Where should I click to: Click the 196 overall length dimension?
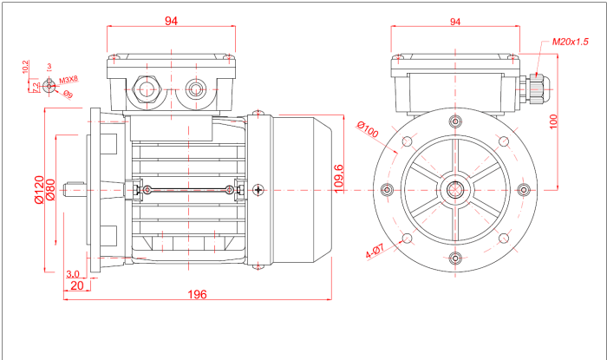click(x=197, y=294)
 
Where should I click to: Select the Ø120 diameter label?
click(x=39, y=189)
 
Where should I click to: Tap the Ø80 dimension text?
click(x=51, y=189)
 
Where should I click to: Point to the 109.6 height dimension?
click(x=339, y=177)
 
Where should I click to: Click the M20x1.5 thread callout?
click(x=570, y=42)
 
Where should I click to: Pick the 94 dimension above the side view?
click(x=171, y=22)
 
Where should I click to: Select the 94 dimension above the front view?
click(x=454, y=22)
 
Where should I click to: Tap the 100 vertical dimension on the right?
click(x=553, y=121)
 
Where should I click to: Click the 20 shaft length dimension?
click(x=76, y=285)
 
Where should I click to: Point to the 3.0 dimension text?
click(x=74, y=273)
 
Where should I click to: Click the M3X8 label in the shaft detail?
click(x=69, y=79)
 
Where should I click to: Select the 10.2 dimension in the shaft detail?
click(x=26, y=67)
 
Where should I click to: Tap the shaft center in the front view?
click(x=455, y=189)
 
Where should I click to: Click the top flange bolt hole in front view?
click(x=455, y=122)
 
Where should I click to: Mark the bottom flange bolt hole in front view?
click(x=455, y=256)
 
